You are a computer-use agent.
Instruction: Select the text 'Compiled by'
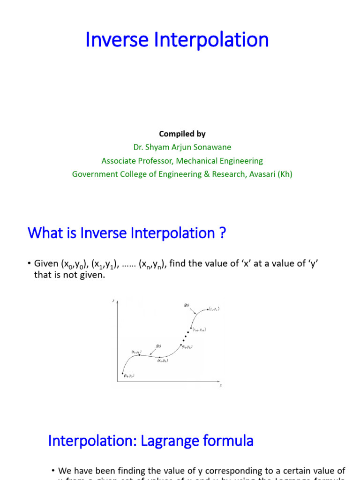[182, 134]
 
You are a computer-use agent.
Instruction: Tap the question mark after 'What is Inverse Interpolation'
[223, 233]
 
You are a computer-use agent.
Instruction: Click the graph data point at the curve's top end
[208, 309]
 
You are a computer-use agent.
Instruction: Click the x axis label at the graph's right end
[220, 385]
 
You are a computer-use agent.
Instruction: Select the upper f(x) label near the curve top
[186, 305]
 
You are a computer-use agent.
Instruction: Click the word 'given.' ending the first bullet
[93, 275]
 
